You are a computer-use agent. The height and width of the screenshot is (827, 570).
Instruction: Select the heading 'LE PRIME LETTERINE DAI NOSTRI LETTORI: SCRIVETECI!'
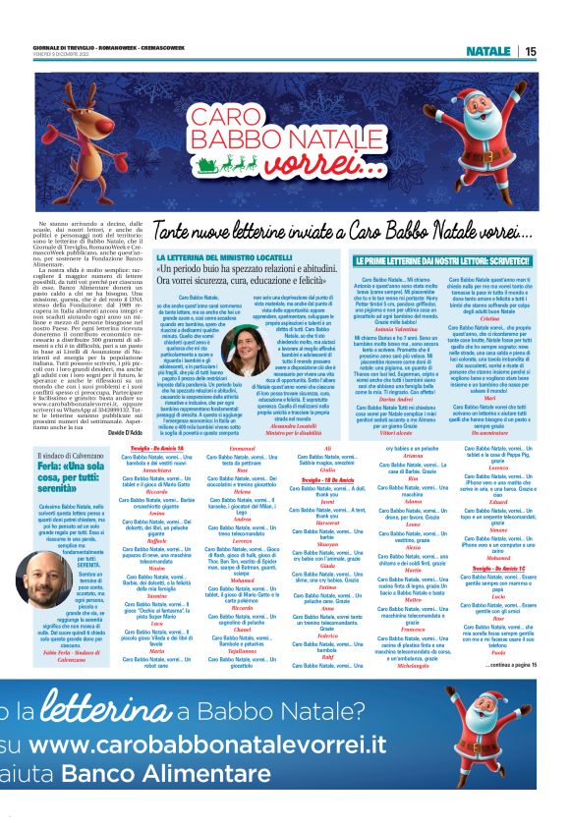pyautogui.click(x=425, y=261)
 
